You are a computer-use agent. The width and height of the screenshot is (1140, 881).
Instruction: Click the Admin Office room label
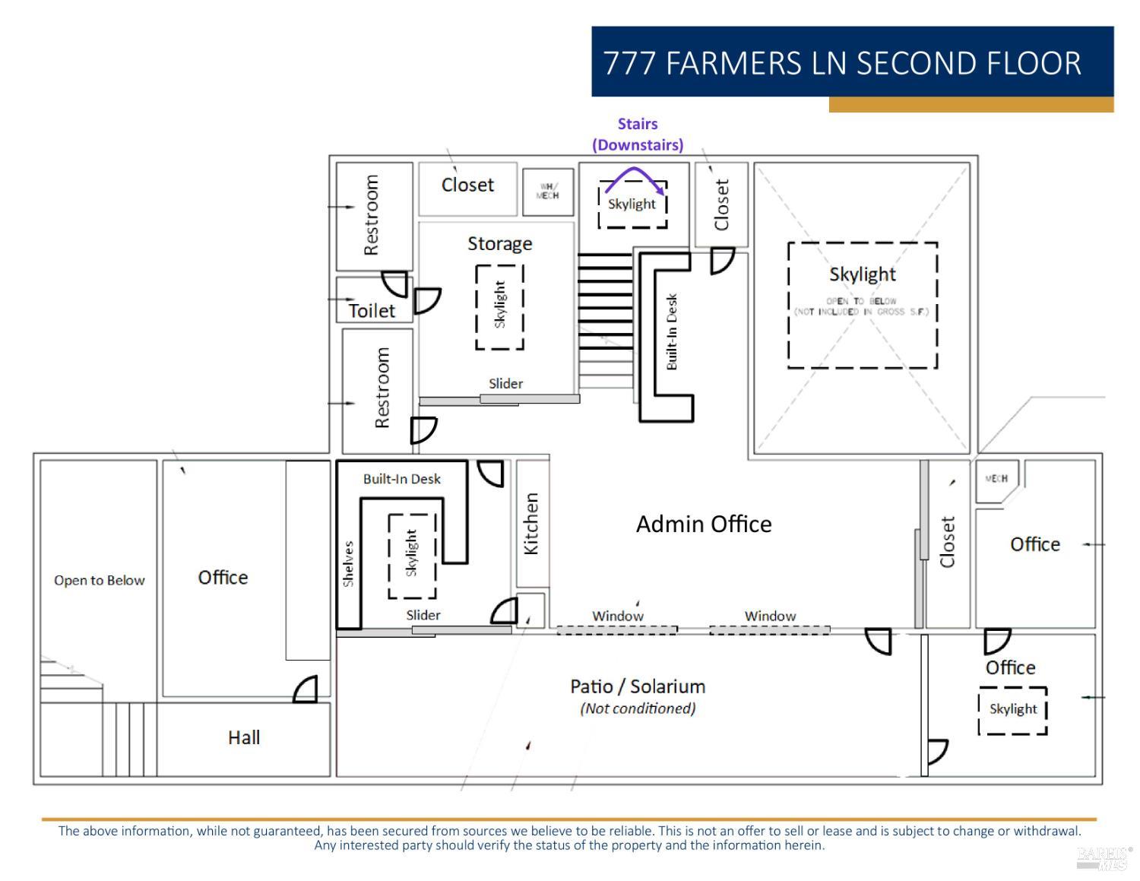point(704,524)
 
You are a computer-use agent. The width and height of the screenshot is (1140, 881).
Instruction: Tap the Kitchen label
point(531,524)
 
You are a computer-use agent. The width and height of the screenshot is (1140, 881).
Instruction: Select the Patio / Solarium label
point(638,686)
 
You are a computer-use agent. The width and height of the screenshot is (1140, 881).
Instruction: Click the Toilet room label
point(372,310)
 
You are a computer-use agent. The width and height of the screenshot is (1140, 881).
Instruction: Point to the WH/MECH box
point(547,192)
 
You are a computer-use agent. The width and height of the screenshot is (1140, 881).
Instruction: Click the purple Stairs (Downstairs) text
point(638,134)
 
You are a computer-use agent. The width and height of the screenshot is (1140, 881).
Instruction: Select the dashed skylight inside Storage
point(499,306)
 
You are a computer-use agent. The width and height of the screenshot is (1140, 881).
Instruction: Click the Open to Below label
point(99,580)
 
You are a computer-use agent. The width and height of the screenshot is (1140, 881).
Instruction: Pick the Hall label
point(244,737)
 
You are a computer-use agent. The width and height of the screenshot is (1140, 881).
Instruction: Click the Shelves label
point(348,563)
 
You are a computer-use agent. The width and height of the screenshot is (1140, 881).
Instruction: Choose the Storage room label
point(499,243)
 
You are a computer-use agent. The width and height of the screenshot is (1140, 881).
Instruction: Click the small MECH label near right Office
point(996,478)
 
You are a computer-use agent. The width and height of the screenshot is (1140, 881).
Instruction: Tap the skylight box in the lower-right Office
point(1012,710)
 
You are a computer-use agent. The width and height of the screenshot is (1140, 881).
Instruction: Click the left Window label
point(618,616)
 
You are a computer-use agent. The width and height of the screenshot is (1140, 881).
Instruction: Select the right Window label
point(770,616)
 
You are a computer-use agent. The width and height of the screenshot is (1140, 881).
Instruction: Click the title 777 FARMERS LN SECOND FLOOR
point(842,63)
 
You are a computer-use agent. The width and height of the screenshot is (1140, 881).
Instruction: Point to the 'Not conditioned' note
point(638,708)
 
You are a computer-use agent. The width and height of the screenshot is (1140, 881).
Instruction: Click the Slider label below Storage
point(505,383)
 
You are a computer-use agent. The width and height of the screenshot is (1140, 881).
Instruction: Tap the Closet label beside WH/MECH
point(467,185)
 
